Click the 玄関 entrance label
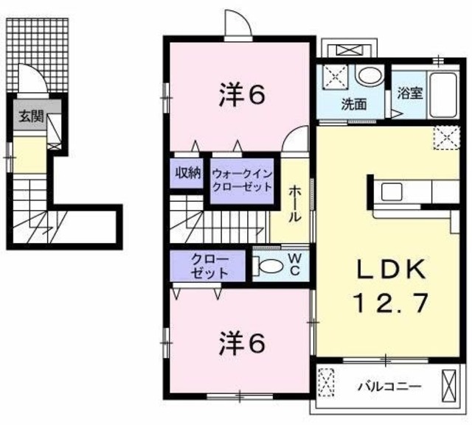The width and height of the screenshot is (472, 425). coord(30,115)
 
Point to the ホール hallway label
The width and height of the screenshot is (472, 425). coord(294,203)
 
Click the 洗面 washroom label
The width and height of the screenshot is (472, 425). coord(353,104)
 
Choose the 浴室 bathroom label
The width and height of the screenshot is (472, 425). coord(409,93)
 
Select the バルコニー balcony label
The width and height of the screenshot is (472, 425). coord(390,385)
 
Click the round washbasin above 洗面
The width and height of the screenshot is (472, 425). coord(366,76)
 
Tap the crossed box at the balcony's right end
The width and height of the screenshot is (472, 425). coord(448,384)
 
